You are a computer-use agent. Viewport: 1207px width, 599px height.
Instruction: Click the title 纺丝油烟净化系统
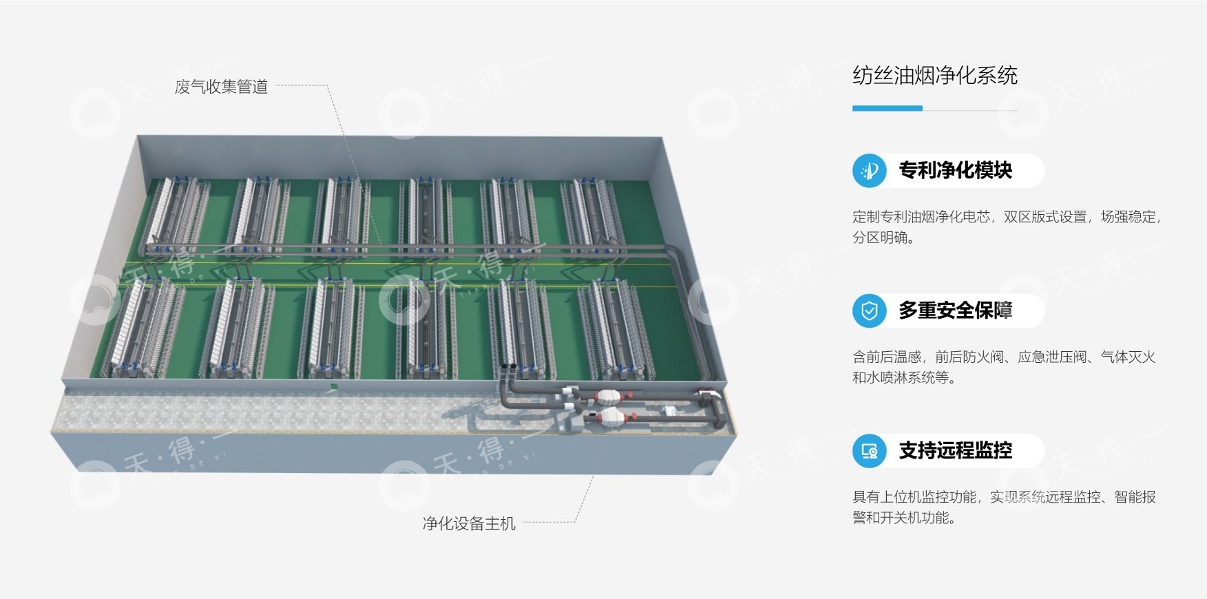pos(934,75)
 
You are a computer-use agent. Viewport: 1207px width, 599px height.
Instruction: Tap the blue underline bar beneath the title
pos(887,108)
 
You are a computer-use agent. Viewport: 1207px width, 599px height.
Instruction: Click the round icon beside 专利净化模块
pos(869,171)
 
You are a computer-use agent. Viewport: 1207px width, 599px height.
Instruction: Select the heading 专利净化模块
pos(955,171)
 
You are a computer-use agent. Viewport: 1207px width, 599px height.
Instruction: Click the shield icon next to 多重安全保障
pos(869,311)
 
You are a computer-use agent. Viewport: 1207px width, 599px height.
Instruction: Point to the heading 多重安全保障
pos(955,311)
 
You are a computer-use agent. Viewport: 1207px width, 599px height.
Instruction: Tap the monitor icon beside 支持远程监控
pos(869,451)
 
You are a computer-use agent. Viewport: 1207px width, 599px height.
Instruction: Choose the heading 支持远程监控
pos(955,451)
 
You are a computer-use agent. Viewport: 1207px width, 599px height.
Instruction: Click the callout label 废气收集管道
pos(221,87)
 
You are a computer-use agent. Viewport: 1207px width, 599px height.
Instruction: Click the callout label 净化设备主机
pos(469,524)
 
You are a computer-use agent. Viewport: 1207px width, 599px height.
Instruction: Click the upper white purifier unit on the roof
pos(609,397)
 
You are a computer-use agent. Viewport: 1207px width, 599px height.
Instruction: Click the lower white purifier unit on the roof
pos(612,415)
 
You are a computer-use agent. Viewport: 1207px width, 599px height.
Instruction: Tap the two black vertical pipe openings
pos(508,366)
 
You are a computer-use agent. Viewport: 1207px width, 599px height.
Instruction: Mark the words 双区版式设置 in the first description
pos(1045,217)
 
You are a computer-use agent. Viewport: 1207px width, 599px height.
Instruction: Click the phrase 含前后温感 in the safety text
pos(887,357)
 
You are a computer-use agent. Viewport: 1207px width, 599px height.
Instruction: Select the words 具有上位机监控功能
pos(914,497)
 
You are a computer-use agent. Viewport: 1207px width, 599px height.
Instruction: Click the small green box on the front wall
pos(333,388)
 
